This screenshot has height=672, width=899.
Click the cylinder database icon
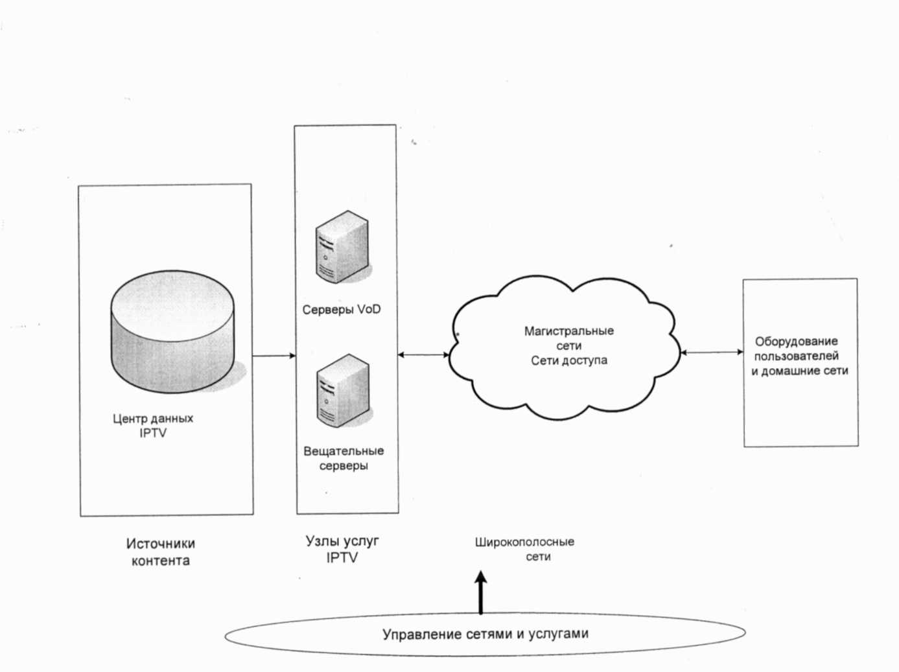click(x=172, y=331)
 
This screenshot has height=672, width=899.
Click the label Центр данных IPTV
click(x=153, y=426)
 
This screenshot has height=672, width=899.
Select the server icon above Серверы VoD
click(x=342, y=247)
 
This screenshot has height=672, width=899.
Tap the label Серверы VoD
click(x=342, y=310)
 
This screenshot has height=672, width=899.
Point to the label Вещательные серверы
click(x=344, y=458)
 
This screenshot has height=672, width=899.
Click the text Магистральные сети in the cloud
click(x=568, y=338)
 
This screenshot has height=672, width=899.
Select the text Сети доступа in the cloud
click(x=569, y=361)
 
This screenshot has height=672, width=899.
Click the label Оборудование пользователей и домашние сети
click(x=800, y=356)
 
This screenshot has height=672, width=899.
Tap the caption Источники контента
click(x=161, y=552)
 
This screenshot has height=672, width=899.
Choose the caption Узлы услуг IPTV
click(x=342, y=549)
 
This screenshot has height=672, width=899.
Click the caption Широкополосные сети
click(x=525, y=549)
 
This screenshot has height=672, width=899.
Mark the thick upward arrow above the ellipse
click(x=480, y=593)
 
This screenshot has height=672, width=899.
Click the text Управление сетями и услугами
click(x=485, y=634)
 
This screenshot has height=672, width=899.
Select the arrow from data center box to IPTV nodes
click(x=274, y=356)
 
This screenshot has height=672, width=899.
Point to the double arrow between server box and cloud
click(x=423, y=354)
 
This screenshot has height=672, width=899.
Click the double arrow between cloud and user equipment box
click(x=712, y=353)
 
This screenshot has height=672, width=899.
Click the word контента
click(x=161, y=561)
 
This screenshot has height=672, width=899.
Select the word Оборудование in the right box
click(x=796, y=342)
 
